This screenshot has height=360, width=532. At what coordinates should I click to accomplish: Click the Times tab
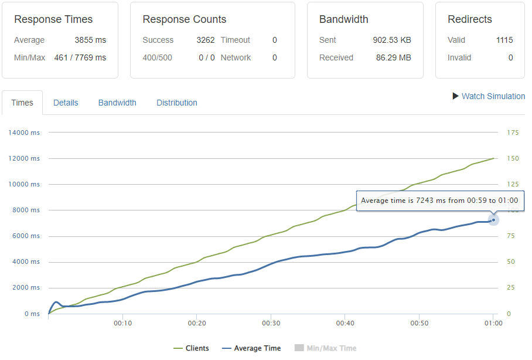coord(22,103)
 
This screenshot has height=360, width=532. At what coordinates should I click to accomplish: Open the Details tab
coord(66,103)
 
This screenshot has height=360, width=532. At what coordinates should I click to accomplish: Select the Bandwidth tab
coord(117,103)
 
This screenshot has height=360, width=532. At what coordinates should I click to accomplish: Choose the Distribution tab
coord(176,103)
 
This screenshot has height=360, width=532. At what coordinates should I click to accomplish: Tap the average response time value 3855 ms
coord(90,40)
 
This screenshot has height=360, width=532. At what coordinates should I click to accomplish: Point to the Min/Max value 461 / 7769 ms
coord(80,57)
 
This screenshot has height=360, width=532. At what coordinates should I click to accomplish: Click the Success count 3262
coord(205,40)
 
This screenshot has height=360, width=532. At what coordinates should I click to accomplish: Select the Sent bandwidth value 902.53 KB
coord(392,40)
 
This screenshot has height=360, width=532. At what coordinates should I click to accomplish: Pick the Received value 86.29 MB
coord(394,57)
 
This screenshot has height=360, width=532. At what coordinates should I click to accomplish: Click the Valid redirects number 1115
coord(504,40)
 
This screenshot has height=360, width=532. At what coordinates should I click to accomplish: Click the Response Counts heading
coord(184,19)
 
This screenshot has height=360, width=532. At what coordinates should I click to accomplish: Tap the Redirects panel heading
coord(470,19)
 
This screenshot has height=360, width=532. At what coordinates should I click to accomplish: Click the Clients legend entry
coord(192,348)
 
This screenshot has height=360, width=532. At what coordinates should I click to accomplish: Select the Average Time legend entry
coord(251,348)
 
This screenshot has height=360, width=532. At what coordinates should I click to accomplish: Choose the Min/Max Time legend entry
coord(325,348)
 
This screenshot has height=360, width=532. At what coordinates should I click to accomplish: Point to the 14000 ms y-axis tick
coord(24,133)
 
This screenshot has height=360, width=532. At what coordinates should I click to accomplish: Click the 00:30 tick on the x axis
coord(270,323)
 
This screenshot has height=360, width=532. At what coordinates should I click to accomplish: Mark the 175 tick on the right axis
coord(513,133)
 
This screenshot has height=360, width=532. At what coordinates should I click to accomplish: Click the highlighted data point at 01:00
coord(493,220)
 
